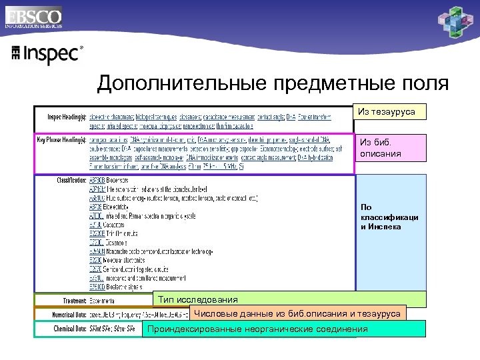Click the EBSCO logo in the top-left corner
(33, 17)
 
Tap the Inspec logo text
(47, 54)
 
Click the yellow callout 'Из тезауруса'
(387, 113)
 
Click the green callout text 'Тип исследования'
(197, 300)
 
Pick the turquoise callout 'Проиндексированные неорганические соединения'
(257, 329)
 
